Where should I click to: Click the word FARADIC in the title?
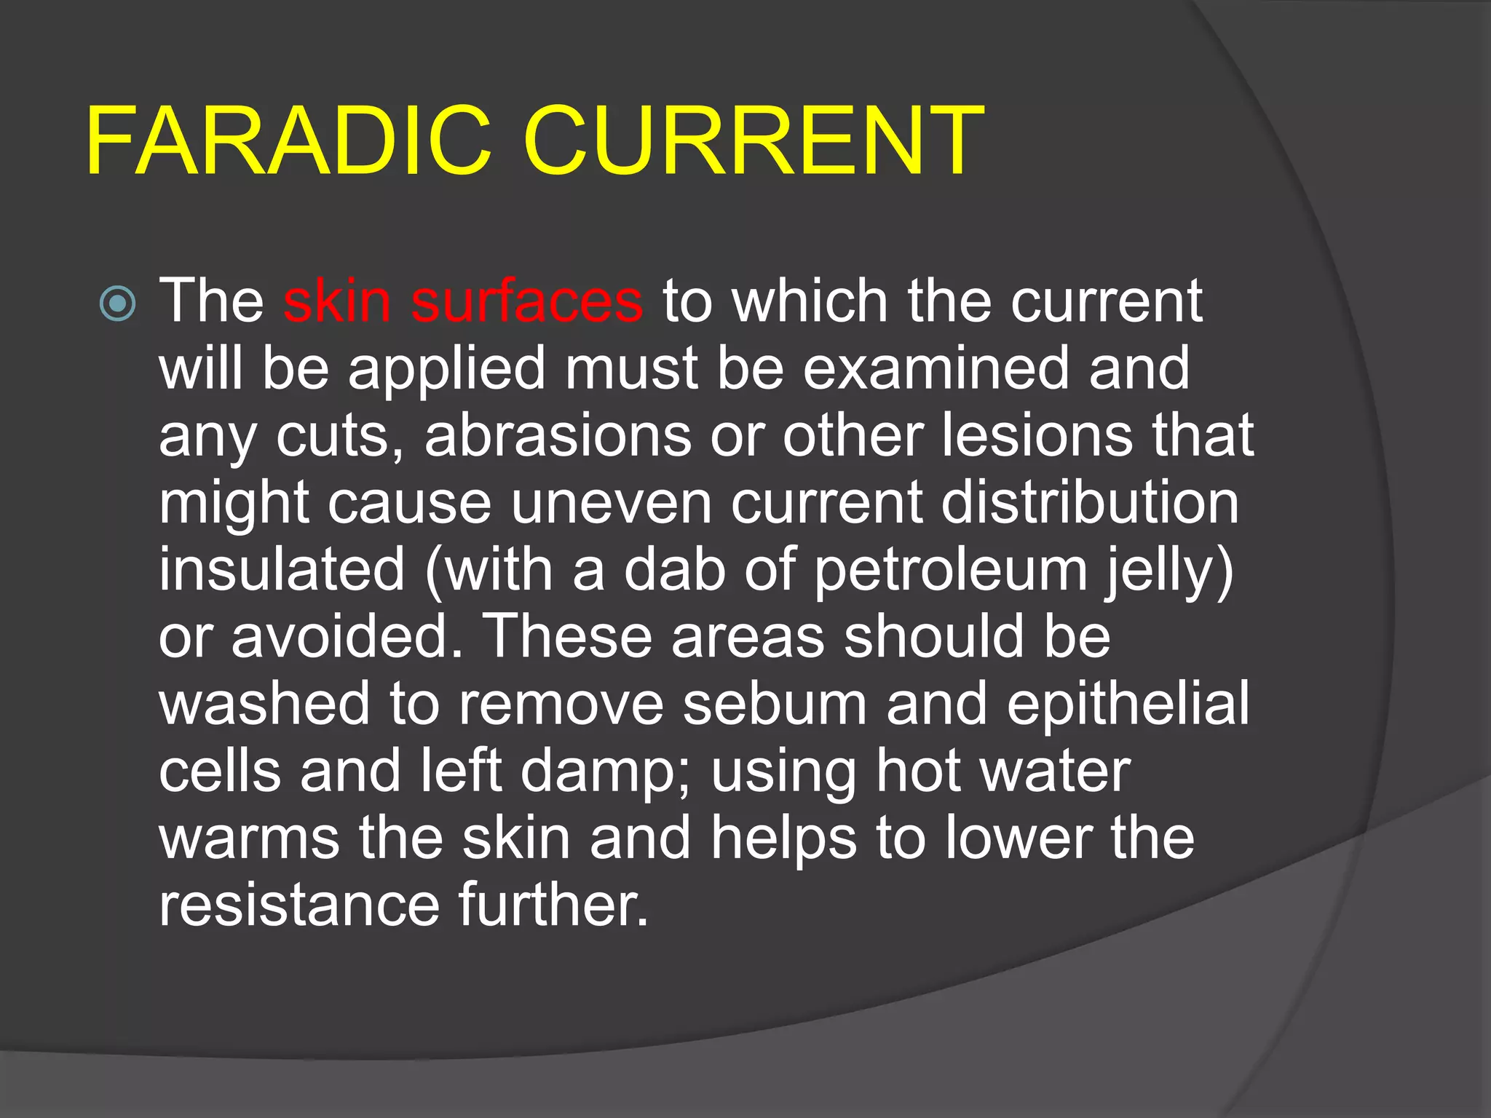288,141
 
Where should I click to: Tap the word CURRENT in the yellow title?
753,141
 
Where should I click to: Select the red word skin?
337,301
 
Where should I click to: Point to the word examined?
936,368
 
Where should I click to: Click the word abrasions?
558,435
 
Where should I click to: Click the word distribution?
1090,503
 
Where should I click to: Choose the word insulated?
282,569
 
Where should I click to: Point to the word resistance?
299,905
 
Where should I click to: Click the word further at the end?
552,905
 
